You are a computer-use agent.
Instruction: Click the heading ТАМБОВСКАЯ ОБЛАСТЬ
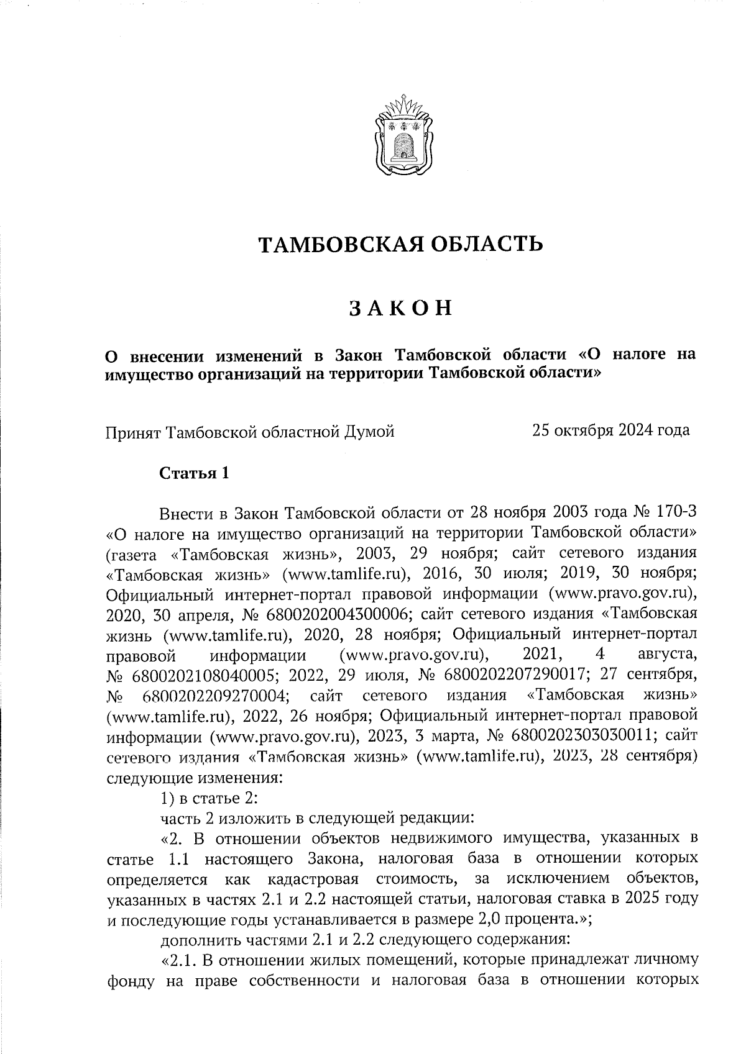pyautogui.click(x=401, y=244)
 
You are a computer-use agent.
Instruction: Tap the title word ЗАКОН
pyautogui.click(x=400, y=309)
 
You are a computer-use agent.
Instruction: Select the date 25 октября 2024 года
pyautogui.click(x=610, y=430)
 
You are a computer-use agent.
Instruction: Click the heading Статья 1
pyautogui.click(x=195, y=473)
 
